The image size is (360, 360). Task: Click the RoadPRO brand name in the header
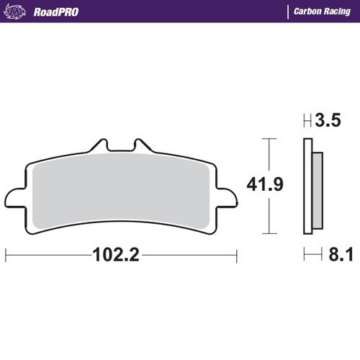click(x=55, y=12)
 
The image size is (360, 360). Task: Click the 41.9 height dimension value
click(x=265, y=185)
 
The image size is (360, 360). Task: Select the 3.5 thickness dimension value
click(x=326, y=121)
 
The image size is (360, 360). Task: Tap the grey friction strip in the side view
click(x=315, y=188)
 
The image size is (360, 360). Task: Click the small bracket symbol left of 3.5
click(x=307, y=121)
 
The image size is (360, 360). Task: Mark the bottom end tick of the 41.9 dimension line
click(x=269, y=233)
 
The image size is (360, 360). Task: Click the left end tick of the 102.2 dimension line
click(x=6, y=254)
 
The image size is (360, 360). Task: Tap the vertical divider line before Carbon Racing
click(x=287, y=12)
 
